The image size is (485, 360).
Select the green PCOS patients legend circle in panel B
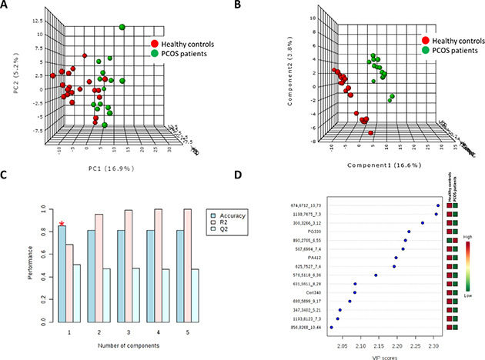(426, 49)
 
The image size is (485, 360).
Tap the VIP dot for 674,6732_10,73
(438, 205)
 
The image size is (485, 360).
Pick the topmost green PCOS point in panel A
(122, 28)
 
